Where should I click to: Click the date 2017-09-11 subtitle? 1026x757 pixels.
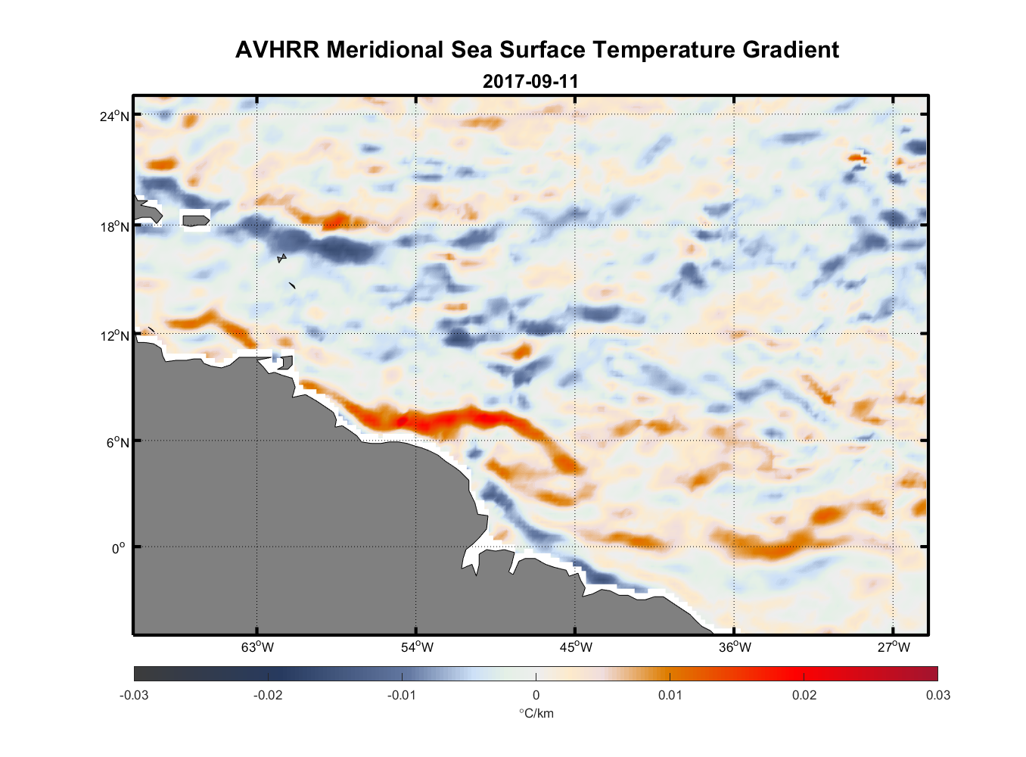pos(530,81)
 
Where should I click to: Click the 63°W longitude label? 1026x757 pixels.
pos(257,647)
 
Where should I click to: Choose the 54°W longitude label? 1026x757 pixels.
pos(417,647)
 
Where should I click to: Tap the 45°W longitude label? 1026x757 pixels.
pos(576,647)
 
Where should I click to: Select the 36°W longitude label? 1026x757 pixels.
pos(735,647)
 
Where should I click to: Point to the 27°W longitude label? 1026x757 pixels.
pos(894,647)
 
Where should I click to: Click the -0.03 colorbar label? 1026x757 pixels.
pos(134,696)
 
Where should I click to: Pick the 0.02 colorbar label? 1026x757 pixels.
pos(804,696)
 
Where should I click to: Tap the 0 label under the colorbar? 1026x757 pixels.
pos(536,696)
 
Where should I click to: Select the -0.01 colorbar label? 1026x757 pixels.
pos(402,696)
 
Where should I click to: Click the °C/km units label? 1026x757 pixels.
pos(536,713)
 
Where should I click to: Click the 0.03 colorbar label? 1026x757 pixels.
pos(937,696)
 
